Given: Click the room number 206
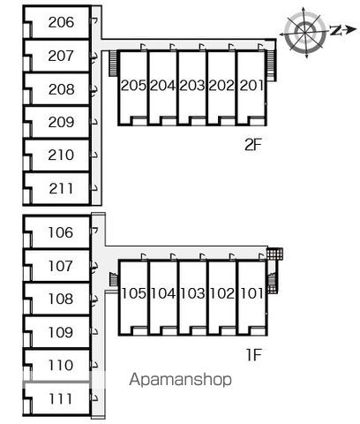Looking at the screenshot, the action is (x=61, y=22).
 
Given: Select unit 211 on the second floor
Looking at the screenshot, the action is (x=61, y=188).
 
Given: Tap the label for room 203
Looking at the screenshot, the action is (x=192, y=86).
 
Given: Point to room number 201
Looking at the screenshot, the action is (x=251, y=86).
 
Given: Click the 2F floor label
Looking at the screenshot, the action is (x=253, y=145).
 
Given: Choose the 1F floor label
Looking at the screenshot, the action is (x=254, y=354).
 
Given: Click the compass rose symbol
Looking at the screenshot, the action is (x=305, y=31).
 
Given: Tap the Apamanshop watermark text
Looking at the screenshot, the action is (x=180, y=379).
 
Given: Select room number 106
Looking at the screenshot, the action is (x=61, y=232).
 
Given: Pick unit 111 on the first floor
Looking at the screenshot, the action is (x=61, y=399).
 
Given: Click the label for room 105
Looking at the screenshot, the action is (x=133, y=293).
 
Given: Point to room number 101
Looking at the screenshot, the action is (x=252, y=293).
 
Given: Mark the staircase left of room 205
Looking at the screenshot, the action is (x=113, y=64).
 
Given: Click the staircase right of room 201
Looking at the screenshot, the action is (x=272, y=65).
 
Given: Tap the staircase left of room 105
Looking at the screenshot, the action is (x=113, y=279).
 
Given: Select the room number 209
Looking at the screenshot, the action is (x=61, y=122).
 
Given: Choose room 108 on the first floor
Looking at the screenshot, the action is (x=61, y=299).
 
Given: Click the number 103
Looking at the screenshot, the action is (x=192, y=293).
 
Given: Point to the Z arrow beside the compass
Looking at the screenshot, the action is (x=343, y=30).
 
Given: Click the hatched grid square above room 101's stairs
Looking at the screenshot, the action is (x=274, y=254).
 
